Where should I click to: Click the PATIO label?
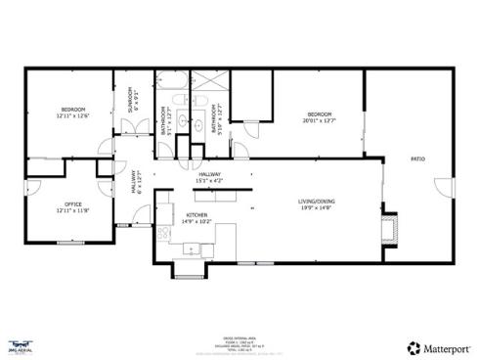click(417, 158)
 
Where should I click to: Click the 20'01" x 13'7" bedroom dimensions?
click(319, 121)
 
